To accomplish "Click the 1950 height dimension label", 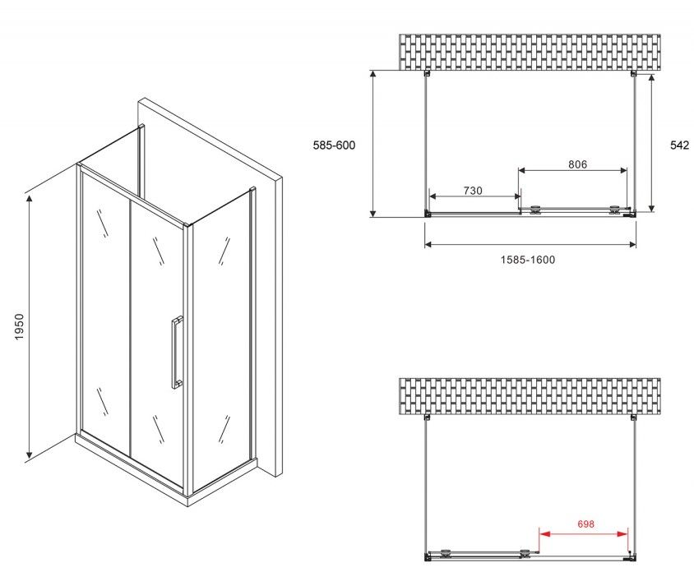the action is click(19, 326).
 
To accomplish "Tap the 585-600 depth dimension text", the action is click(334, 145).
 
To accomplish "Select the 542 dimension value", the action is click(680, 145).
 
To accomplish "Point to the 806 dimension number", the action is click(577, 164).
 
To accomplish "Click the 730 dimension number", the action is click(473, 191).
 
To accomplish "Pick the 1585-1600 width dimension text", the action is click(528, 260).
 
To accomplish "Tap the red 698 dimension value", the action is click(585, 524).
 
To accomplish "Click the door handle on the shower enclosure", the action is click(177, 352).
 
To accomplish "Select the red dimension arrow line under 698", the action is click(583, 534).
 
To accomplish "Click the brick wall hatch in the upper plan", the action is click(530, 53).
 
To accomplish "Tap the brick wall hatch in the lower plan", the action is click(530, 396).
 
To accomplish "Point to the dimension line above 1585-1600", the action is click(530, 244).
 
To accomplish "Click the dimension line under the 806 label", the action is click(573, 170).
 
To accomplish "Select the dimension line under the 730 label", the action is click(475, 196).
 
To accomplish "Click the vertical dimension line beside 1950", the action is click(30, 326).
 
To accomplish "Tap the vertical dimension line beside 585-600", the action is click(373, 144).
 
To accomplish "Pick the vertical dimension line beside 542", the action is click(651, 143).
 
